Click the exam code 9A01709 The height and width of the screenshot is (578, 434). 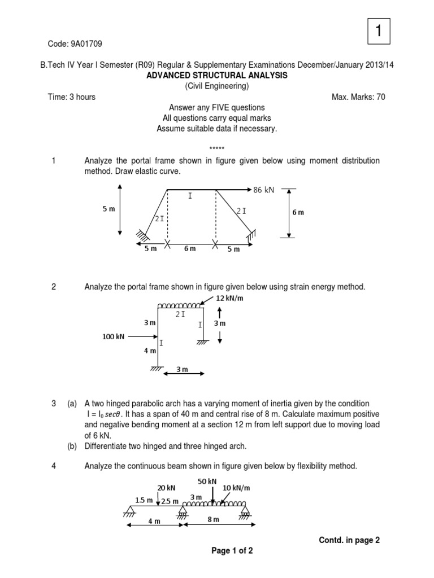point(75,43)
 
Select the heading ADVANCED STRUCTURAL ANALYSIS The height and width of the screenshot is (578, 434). point(217,75)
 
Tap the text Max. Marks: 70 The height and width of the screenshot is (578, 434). point(358,97)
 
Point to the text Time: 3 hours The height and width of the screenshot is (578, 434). point(72,97)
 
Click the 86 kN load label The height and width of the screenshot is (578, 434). point(264,190)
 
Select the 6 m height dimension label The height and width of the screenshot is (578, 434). point(298,212)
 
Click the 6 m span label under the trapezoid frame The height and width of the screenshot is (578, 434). point(190,249)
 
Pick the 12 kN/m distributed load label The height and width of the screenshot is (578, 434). point(230,297)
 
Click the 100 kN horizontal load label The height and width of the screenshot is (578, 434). point(113,336)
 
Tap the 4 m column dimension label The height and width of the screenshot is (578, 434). point(150,351)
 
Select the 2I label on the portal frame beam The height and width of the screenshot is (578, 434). point(180,314)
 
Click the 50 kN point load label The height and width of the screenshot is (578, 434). point(207,480)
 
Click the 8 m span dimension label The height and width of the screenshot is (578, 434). point(213,519)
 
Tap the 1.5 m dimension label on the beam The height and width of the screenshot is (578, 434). point(144,500)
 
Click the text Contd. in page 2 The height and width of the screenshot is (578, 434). point(349,540)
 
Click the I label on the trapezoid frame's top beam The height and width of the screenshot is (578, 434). point(190,196)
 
